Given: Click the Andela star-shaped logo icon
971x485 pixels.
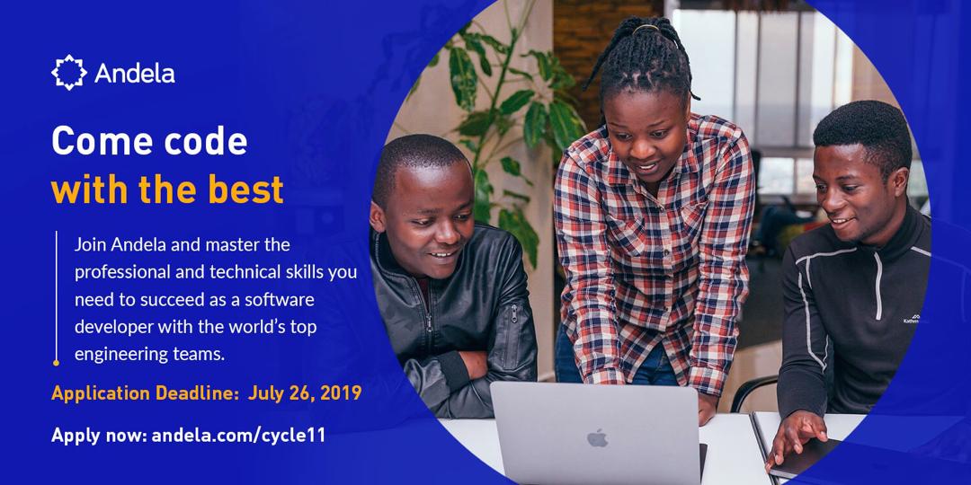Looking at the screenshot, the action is (x=68, y=73).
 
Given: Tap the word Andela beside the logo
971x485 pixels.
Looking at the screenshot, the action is (x=134, y=74).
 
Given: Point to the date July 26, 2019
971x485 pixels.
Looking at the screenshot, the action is (x=305, y=393).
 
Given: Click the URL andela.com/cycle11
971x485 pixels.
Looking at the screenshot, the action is (x=238, y=435).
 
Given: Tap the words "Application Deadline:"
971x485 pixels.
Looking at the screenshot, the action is (x=146, y=393).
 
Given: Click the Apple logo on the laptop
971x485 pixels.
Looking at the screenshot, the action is (x=597, y=437).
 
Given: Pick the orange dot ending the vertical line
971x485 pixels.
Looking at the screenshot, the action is (x=57, y=363).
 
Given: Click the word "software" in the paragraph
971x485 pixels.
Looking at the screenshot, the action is (x=280, y=300).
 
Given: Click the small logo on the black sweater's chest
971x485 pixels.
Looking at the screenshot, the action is (x=912, y=319).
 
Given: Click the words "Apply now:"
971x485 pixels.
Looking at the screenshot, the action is (x=99, y=436).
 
